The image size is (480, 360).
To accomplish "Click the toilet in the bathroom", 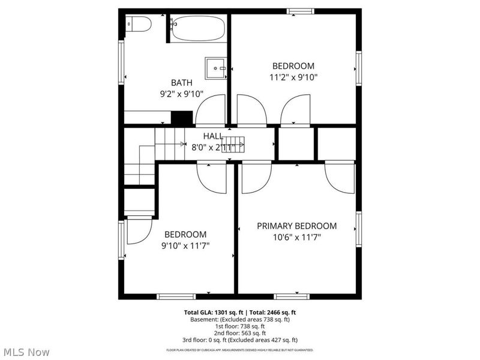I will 139,24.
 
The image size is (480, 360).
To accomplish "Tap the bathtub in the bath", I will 198,28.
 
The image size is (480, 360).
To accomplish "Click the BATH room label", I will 182,83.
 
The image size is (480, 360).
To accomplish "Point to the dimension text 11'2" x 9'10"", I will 293,77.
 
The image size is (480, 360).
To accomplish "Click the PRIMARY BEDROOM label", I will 296,226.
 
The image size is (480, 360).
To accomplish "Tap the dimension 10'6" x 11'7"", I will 296,238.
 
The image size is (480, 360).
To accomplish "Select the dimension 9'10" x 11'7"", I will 185,245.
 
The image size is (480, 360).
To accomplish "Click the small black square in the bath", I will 181,118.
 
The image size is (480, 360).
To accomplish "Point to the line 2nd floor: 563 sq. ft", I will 240,333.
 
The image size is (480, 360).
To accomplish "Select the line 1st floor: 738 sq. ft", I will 240,326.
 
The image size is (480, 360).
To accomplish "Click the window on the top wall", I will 300,11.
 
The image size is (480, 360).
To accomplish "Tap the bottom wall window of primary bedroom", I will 292,296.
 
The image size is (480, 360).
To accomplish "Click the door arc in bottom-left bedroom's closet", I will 138,231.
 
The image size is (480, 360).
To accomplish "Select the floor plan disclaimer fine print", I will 240,350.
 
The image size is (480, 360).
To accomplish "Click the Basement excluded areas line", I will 240,320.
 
